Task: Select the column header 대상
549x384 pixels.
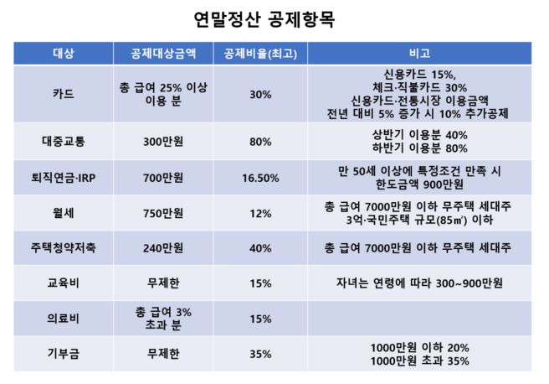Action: tap(63, 54)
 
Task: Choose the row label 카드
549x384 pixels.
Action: tap(63, 94)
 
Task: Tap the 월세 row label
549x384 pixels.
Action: tap(63, 214)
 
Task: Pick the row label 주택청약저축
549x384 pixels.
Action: tap(63, 249)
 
